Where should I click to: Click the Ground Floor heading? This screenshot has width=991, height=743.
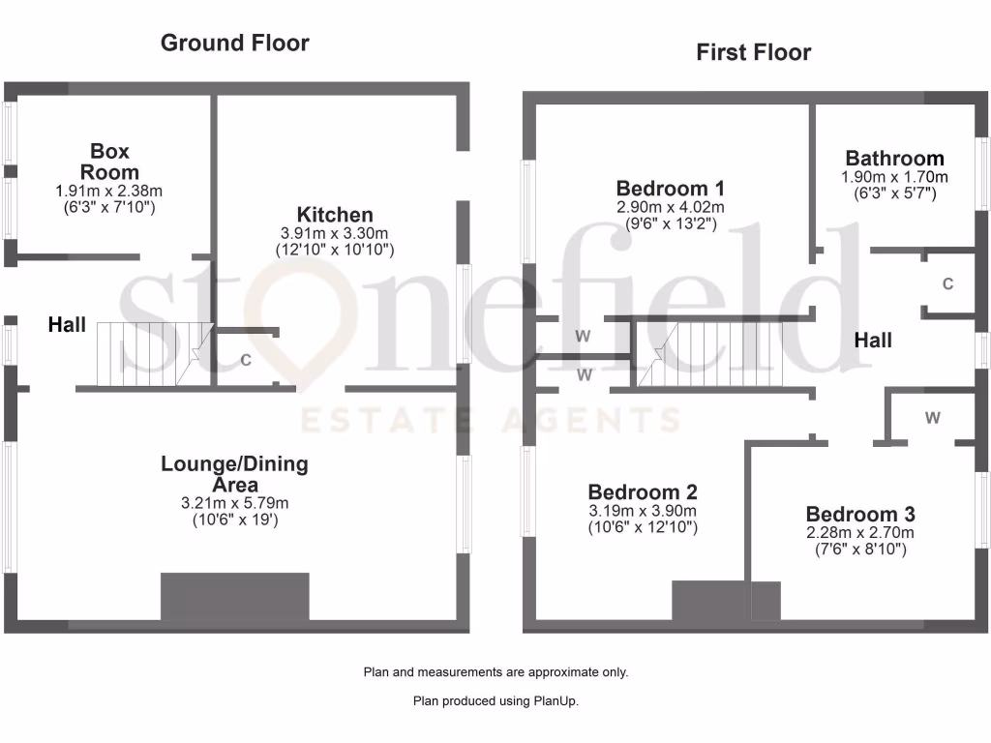[235, 43]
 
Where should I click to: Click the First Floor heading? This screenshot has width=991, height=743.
[753, 52]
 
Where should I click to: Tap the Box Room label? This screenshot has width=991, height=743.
[109, 162]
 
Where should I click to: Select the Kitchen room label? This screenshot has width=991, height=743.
[335, 215]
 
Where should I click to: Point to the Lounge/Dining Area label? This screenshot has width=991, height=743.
[234, 474]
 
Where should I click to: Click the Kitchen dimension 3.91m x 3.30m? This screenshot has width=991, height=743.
[335, 233]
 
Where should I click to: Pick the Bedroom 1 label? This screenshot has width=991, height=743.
[670, 188]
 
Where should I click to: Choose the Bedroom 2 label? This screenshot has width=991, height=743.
[643, 492]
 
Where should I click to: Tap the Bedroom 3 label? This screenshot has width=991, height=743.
[860, 514]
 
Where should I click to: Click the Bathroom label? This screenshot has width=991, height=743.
[894, 158]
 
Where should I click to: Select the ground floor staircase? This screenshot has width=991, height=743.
[154, 354]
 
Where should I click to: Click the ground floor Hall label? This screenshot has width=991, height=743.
[67, 326]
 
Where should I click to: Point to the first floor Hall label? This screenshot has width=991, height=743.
[873, 341]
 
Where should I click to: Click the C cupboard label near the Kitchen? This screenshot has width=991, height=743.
[246, 361]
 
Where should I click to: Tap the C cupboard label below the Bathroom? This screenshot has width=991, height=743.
[947, 284]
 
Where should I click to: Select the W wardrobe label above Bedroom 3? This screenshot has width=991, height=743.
[932, 418]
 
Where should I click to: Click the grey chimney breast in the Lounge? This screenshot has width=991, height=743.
[234, 596]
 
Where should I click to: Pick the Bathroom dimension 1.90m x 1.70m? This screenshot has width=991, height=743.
[894, 177]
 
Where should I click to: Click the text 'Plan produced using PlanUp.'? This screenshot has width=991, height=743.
[495, 701]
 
